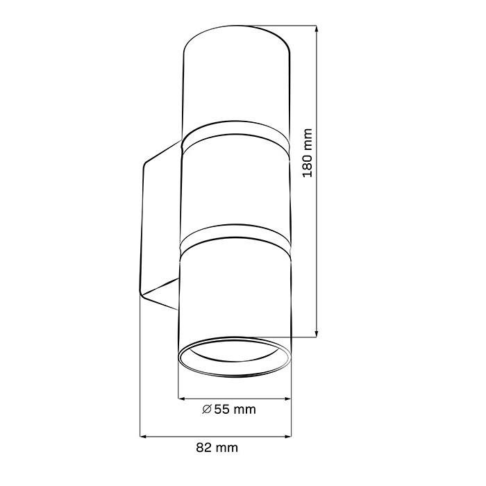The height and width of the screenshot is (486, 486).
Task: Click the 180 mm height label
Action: pos(307,153)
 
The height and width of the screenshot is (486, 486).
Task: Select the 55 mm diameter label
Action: pos(229,410)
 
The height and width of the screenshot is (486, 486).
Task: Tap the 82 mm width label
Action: pos(217,448)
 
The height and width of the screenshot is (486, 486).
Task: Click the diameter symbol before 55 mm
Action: pos(207,410)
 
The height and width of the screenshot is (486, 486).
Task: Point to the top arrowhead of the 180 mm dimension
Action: pos(316,28)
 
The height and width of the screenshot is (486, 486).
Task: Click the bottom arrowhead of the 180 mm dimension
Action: pos(316,334)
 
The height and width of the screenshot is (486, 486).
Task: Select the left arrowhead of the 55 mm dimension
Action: pos(182,399)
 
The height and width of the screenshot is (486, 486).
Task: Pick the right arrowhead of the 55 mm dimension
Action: pos(287,399)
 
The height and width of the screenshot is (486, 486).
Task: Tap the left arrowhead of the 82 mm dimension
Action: pos(144,437)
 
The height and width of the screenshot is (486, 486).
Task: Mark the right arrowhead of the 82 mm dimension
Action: pos(287,437)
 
